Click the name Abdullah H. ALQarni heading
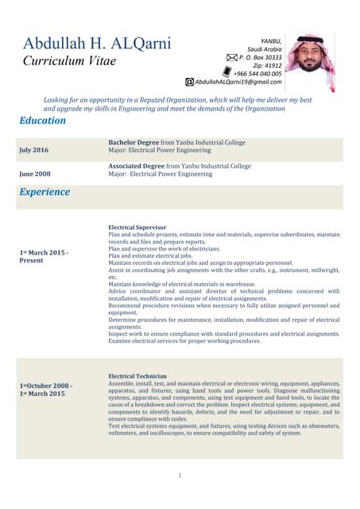click(96, 44)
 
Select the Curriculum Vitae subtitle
click(69, 61)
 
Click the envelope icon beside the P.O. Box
click(232, 58)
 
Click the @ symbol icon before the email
click(189, 82)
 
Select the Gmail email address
click(238, 82)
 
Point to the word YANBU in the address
click(271, 41)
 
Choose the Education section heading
click(42, 121)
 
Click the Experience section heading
click(45, 192)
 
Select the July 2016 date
click(33, 150)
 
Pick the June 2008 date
click(34, 173)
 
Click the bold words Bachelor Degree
click(133, 142)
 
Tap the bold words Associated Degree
click(136, 166)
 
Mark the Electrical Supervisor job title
click(137, 227)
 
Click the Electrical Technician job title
click(137, 375)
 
